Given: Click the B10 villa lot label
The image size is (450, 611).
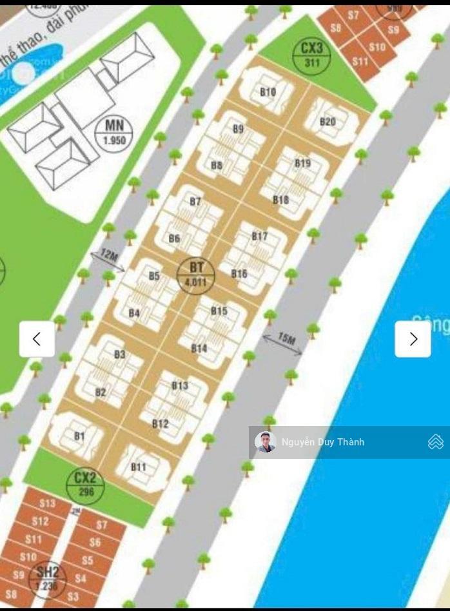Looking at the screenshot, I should pos(268,92).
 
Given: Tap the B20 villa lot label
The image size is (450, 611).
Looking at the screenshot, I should pos(328,122).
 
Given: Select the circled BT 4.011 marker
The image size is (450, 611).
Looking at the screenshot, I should pos(196,275).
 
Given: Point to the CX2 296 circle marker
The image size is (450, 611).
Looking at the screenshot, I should pos(85,484).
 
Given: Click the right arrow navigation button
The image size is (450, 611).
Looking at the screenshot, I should pos(413,339).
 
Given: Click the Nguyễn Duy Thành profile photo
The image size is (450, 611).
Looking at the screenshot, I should pos(265,442).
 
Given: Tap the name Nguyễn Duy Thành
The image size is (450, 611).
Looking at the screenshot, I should pos(323,442).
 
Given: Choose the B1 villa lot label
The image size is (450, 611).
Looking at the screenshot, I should pos(79,436).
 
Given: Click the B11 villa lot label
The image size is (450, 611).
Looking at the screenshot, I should pos(138,467).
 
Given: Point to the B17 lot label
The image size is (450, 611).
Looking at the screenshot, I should pos(259,237).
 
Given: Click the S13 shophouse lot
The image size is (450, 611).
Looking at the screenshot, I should pos(47,503).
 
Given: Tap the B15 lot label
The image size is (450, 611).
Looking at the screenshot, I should pos(219,311).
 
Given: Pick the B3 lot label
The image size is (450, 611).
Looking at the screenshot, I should pos(120,354).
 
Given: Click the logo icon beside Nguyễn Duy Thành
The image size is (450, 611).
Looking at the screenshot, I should pos(435,442).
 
